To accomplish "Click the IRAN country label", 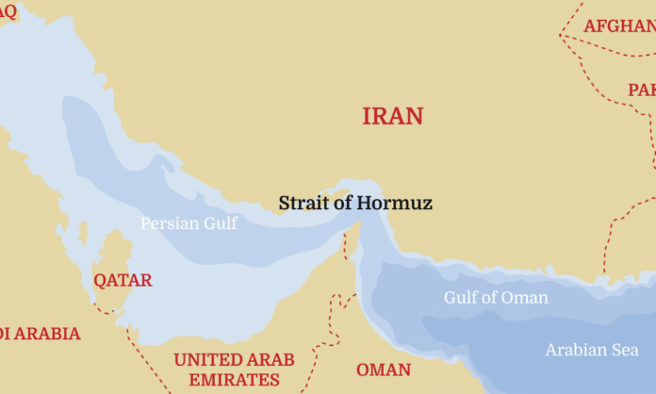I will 393,116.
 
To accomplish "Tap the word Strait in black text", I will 303,203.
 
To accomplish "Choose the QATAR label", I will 123,280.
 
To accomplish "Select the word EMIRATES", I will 234,380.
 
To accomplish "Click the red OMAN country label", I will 383,369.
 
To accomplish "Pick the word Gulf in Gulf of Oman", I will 462,298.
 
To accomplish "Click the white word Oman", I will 528,298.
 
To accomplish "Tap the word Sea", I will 626,351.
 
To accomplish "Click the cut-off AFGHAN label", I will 619,25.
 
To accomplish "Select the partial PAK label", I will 642,90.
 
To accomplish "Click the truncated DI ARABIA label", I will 40,334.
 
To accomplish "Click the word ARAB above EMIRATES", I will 273,360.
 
